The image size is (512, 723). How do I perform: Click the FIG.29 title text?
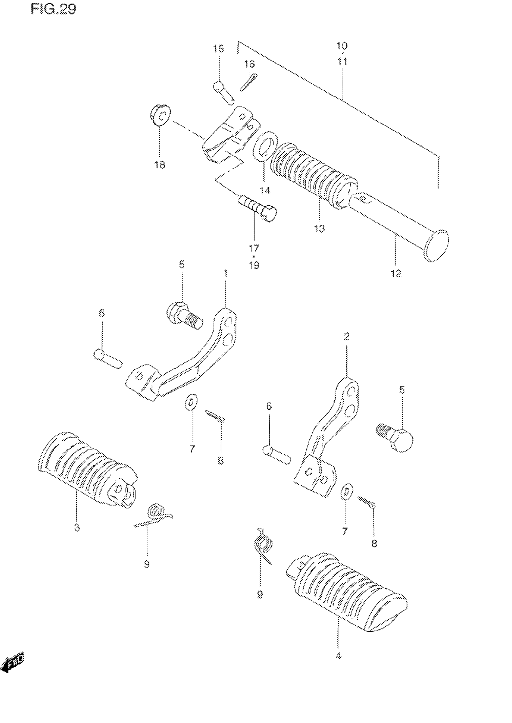click(x=54, y=9)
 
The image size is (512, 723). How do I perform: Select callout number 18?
click(x=160, y=164)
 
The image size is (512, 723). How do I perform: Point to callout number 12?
click(x=396, y=273)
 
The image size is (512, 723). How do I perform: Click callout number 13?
click(x=319, y=228)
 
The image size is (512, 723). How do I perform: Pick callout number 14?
click(x=265, y=190)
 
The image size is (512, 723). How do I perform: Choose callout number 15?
click(x=218, y=49)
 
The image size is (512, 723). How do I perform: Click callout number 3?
click(x=77, y=527)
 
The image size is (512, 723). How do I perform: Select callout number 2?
click(x=346, y=337)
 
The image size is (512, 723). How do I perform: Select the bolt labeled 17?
click(x=257, y=208)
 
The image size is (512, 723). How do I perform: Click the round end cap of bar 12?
click(x=437, y=246)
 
